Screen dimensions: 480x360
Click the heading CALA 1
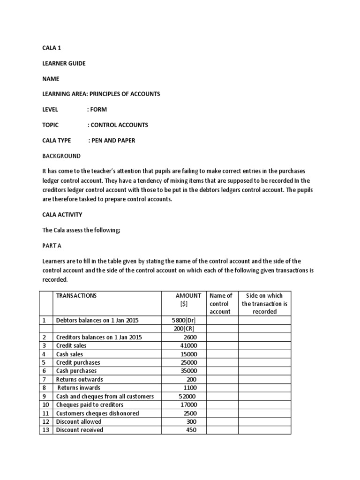(x=52, y=48)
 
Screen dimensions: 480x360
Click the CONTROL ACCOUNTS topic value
(x=119, y=125)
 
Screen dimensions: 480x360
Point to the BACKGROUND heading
(x=61, y=156)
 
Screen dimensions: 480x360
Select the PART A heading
(x=52, y=245)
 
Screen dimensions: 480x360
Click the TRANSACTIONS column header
(x=76, y=295)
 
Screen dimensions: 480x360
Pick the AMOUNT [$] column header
(x=187, y=300)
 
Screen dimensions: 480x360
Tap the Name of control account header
(x=220, y=303)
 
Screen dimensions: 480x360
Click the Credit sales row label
(x=71, y=345)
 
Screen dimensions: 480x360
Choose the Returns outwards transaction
(x=79, y=379)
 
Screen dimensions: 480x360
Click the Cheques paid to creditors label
(x=90, y=405)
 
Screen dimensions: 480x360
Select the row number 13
(x=45, y=430)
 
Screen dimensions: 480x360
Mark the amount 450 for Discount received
(x=191, y=430)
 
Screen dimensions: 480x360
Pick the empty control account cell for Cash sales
(x=220, y=354)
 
